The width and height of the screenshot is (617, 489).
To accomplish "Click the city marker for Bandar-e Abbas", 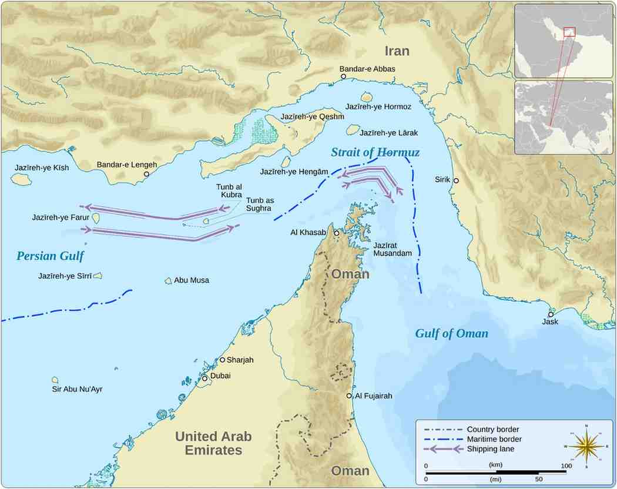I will pyautogui.click(x=343, y=76).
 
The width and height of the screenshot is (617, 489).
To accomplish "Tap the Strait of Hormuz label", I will pyautogui.click(x=375, y=153).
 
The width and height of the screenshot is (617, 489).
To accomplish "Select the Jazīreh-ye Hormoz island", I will pyautogui.click(x=368, y=97).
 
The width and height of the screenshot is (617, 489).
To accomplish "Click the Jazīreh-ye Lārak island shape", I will pyautogui.click(x=353, y=129).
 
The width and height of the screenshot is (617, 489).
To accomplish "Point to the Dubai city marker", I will pyautogui.click(x=204, y=378).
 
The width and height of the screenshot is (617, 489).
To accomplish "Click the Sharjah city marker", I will pyautogui.click(x=222, y=360).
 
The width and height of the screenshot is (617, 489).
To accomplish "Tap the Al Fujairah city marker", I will pyautogui.click(x=350, y=396).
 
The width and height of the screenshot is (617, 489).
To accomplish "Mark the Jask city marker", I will pyautogui.click(x=551, y=314).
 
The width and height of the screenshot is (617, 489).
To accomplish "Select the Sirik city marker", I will pyautogui.click(x=456, y=180).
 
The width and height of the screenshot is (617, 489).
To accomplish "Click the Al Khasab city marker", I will pyautogui.click(x=337, y=233).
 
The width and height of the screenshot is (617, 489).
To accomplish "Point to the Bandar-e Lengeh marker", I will pyautogui.click(x=146, y=174).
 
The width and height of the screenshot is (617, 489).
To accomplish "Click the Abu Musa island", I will pyautogui.click(x=168, y=281).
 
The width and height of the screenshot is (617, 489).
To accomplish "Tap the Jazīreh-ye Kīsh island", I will pyautogui.click(x=21, y=179).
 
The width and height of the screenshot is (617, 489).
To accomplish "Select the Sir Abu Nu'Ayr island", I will pyautogui.click(x=55, y=380).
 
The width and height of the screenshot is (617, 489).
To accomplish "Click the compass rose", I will pyautogui.click(x=586, y=446).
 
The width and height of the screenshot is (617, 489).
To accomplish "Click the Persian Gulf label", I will pyautogui.click(x=50, y=256).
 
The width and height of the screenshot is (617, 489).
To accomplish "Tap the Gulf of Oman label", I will pyautogui.click(x=451, y=334).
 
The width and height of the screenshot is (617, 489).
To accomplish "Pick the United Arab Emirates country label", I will pyautogui.click(x=213, y=443).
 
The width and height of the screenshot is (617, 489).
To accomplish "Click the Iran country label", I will pyautogui.click(x=397, y=51).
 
